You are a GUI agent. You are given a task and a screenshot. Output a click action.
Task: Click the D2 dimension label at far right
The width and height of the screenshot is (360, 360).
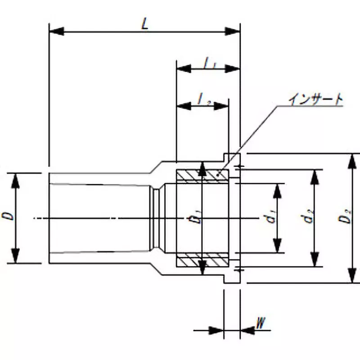(346, 218)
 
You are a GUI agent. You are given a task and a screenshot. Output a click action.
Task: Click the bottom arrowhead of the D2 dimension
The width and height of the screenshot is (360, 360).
(352, 275)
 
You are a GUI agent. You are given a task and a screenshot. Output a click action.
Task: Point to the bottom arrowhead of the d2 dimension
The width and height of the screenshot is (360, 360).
(315, 260)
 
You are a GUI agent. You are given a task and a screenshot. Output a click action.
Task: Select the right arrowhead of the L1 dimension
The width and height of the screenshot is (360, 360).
(232, 68)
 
